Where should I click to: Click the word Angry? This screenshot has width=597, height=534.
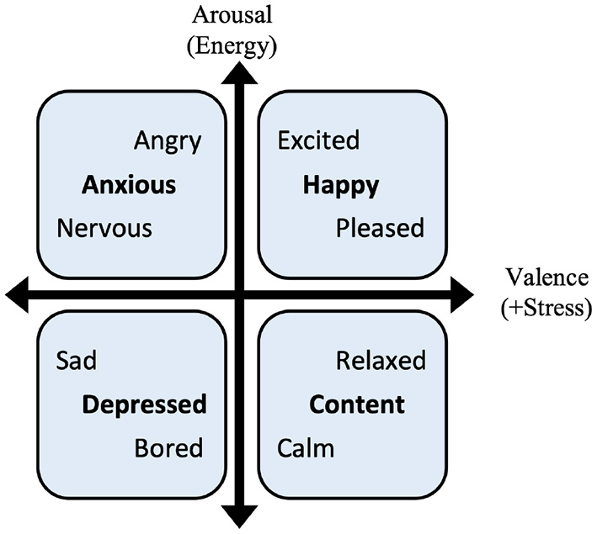point(168,141)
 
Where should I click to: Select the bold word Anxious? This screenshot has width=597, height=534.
point(129,185)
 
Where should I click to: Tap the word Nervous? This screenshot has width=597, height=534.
point(104,228)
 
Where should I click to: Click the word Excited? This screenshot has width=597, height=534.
point(318,140)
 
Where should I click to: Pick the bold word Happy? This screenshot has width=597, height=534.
point(341,185)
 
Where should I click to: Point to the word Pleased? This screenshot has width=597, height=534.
point(381,228)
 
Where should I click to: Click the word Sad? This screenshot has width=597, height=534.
point(77,361)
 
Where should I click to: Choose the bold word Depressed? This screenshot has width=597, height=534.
point(144,404)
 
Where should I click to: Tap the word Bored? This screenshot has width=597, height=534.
point(168,448)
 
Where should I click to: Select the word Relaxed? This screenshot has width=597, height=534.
point(381,361)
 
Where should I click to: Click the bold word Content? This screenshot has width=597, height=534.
point(357,404)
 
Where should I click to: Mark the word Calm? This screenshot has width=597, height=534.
point(306,448)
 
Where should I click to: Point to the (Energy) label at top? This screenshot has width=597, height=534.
point(233,45)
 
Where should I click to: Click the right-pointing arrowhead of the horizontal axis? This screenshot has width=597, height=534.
point(463,292)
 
